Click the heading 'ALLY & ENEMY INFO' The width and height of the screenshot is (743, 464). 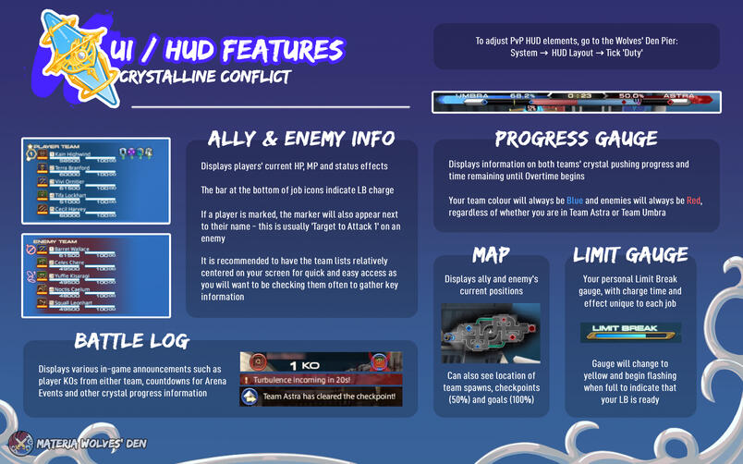click(x=289, y=140)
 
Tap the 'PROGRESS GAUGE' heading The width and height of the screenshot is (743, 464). click(x=576, y=140)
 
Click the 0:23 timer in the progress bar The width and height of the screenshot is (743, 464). click(x=580, y=96)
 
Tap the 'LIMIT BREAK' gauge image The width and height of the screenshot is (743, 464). click(x=629, y=330)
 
